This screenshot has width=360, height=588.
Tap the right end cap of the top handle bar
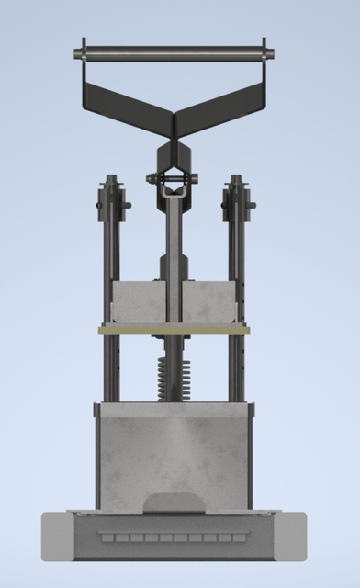pos(265,51)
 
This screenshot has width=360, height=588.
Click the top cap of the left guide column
pos(113,181)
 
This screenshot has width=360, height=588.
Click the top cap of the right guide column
pos(236,181)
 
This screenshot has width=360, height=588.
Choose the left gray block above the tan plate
pos(138,302)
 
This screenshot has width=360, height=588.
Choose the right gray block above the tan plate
pos(211,302)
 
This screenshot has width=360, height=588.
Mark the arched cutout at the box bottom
pos(174,502)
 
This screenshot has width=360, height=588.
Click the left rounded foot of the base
pos(55,537)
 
